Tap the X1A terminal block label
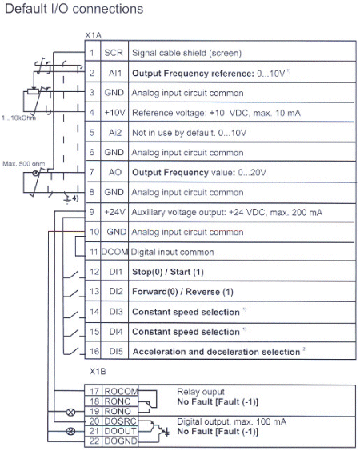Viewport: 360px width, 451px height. (x=93, y=36)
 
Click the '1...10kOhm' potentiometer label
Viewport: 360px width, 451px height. (x=18, y=118)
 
